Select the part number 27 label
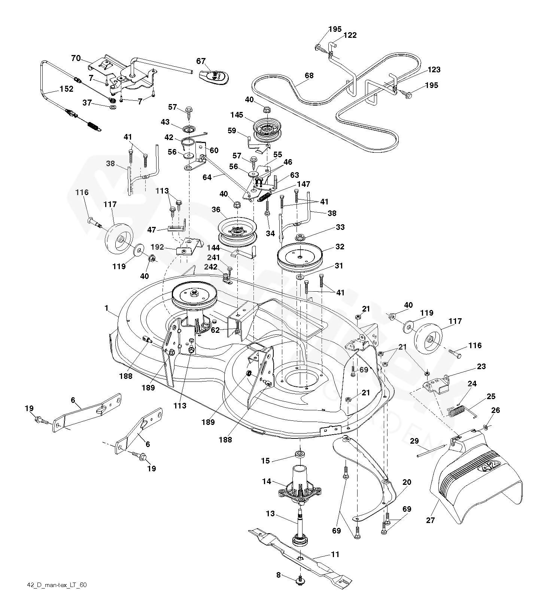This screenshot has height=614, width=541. tap(431, 520)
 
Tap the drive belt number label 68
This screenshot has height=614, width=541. tap(309, 76)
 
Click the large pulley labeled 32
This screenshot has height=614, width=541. tap(300, 258)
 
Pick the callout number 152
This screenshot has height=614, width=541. tap(66, 89)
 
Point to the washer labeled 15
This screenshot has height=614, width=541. tap(300, 455)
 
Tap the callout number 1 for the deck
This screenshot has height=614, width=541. tap(106, 308)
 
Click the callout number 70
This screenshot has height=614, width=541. tap(76, 58)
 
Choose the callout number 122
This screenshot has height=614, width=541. tap(350, 35)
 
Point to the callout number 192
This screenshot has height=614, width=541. tap(157, 247)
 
